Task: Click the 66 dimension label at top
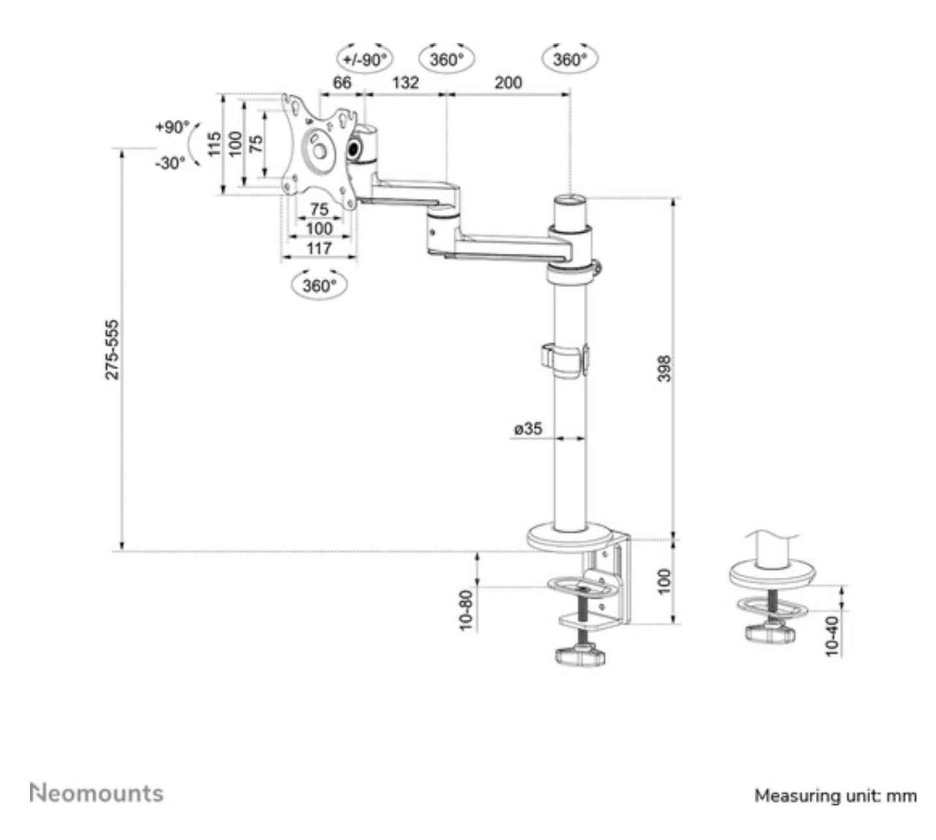tap(342, 83)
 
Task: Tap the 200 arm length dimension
tap(508, 83)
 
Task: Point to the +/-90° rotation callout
tap(365, 60)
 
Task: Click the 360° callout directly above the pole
tap(570, 60)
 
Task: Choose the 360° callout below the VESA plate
tap(319, 286)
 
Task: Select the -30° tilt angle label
tap(171, 163)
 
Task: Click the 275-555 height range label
tap(113, 350)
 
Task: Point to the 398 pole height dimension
tap(664, 368)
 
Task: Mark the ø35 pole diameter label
tap(527, 428)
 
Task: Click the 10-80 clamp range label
tap(466, 610)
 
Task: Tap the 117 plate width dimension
tap(319, 248)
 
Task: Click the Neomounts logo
tap(96, 794)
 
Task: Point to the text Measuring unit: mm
tap(835, 796)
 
